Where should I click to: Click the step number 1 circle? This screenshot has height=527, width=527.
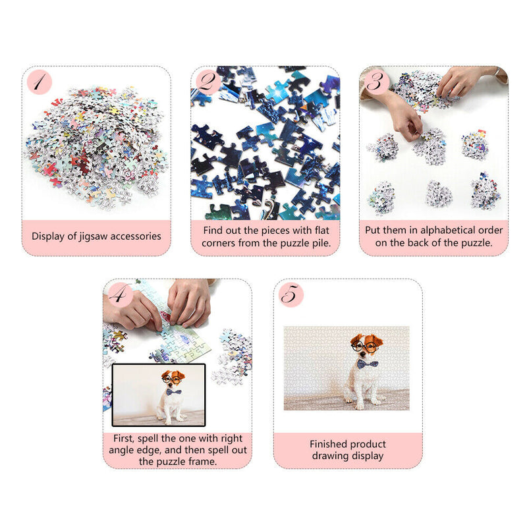click(x=39, y=82)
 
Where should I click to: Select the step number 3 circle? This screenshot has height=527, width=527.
click(x=375, y=82)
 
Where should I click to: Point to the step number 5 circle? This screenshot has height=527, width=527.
click(x=291, y=295)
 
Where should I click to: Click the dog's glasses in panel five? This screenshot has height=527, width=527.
click(x=365, y=345)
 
